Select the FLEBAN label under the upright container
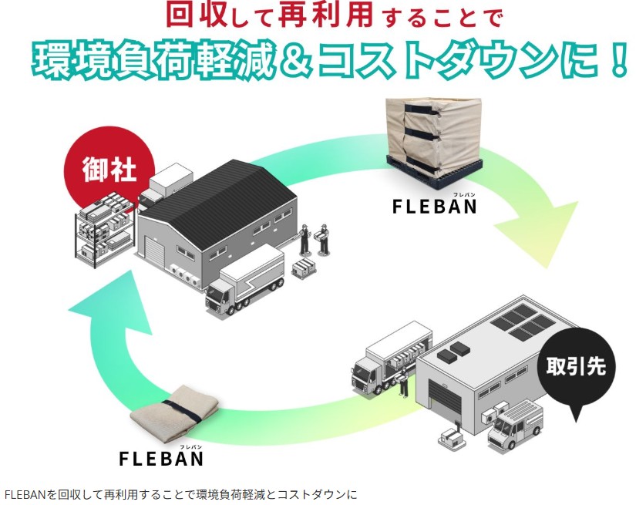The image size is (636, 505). [x=435, y=207]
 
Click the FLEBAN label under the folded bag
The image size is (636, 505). [x=162, y=458]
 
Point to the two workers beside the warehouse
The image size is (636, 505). [x=315, y=239]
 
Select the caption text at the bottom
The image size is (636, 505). [x=180, y=493]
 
